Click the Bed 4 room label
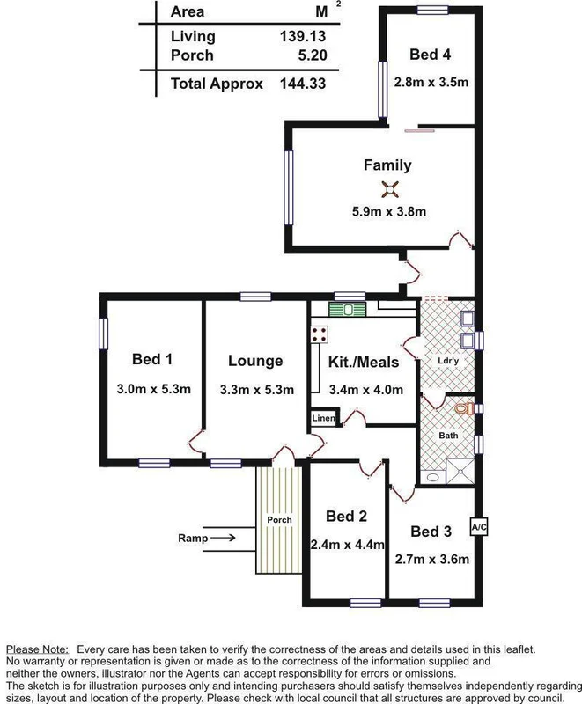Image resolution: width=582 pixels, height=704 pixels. (x=431, y=55)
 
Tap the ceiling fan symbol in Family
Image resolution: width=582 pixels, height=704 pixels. (x=388, y=187)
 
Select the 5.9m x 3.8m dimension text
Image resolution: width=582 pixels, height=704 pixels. (x=388, y=211)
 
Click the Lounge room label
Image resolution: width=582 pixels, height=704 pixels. (x=255, y=361)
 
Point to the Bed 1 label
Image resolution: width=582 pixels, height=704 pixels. (x=152, y=359)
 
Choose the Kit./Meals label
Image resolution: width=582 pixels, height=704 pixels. (x=364, y=362)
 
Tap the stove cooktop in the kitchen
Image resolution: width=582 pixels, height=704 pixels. (x=319, y=334)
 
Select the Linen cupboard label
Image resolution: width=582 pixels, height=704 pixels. (x=323, y=419)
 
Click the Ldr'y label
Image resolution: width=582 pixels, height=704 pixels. (x=448, y=360)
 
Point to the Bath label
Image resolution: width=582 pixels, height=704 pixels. (x=448, y=436)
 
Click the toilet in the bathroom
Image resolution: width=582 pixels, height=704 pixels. (x=467, y=407)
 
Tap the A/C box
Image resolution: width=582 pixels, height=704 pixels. (x=479, y=527)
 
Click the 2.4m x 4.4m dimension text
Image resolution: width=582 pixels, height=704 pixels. (x=348, y=545)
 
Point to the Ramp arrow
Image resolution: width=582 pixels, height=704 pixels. (x=223, y=538)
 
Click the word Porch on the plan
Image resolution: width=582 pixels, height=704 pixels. (x=279, y=520)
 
